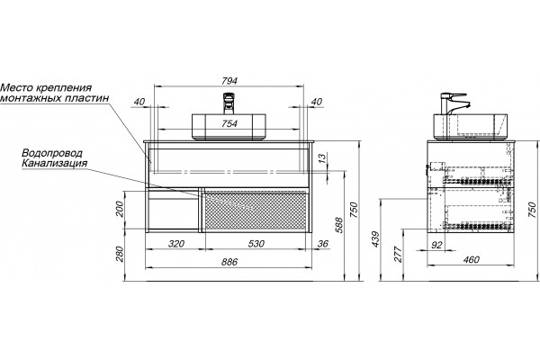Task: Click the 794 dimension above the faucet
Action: tap(229, 81)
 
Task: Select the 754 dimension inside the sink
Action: tap(229, 123)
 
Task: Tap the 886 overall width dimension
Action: tap(229, 262)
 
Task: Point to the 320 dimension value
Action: tap(176, 244)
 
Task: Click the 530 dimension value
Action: tap(256, 244)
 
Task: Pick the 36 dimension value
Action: tap(323, 244)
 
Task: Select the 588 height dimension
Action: tap(339, 225)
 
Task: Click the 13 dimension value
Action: tap(321, 158)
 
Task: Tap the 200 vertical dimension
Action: tap(119, 209)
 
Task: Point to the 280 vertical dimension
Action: tap(119, 254)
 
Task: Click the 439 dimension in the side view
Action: tap(375, 238)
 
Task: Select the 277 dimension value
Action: tap(399, 254)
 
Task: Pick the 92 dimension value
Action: tap(436, 245)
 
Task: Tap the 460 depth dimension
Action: tap(471, 259)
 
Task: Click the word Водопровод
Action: tap(52, 153)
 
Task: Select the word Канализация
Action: tap(54, 163)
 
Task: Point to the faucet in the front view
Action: tap(229, 103)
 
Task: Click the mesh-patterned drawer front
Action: tap(256, 211)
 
